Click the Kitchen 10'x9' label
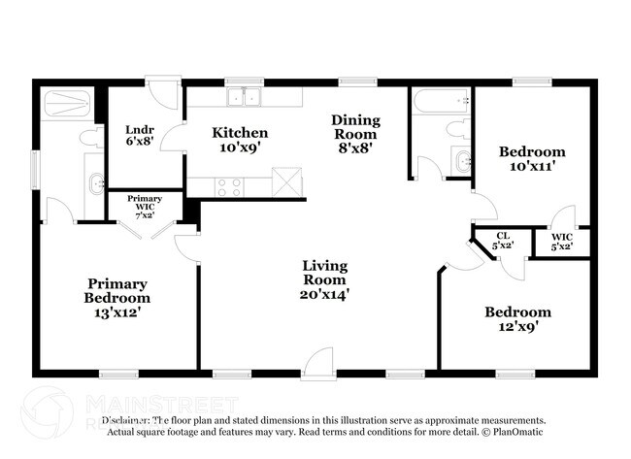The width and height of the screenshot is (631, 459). click(241, 140)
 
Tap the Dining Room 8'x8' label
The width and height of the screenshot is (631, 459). click(356, 134)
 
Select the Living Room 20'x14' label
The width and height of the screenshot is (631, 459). click(324, 279)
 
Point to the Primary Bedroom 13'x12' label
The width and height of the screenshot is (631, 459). click(116, 298)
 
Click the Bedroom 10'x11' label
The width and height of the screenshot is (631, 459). click(532, 158)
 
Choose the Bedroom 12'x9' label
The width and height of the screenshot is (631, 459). click(517, 319)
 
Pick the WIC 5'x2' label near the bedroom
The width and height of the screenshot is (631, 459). click(562, 242)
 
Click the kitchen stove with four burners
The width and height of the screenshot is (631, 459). click(230, 185)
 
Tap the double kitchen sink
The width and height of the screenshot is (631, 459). click(246, 97)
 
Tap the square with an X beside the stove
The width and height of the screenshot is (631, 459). click(286, 182)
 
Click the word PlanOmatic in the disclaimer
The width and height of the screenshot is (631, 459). click(517, 432)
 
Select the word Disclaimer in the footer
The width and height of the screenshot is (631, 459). click(126, 421)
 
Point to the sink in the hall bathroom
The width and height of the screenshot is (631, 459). click(460, 160)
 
